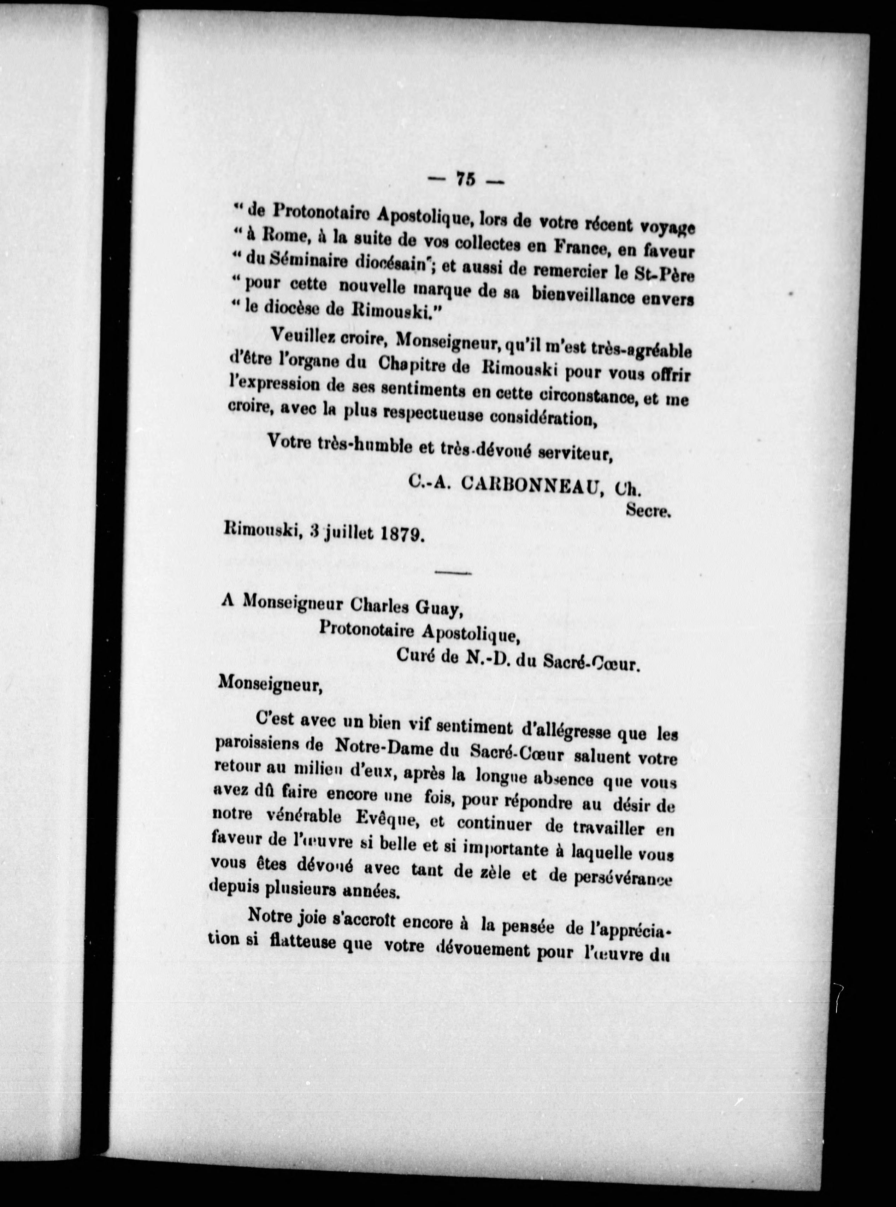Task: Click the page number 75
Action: [x=465, y=179]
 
